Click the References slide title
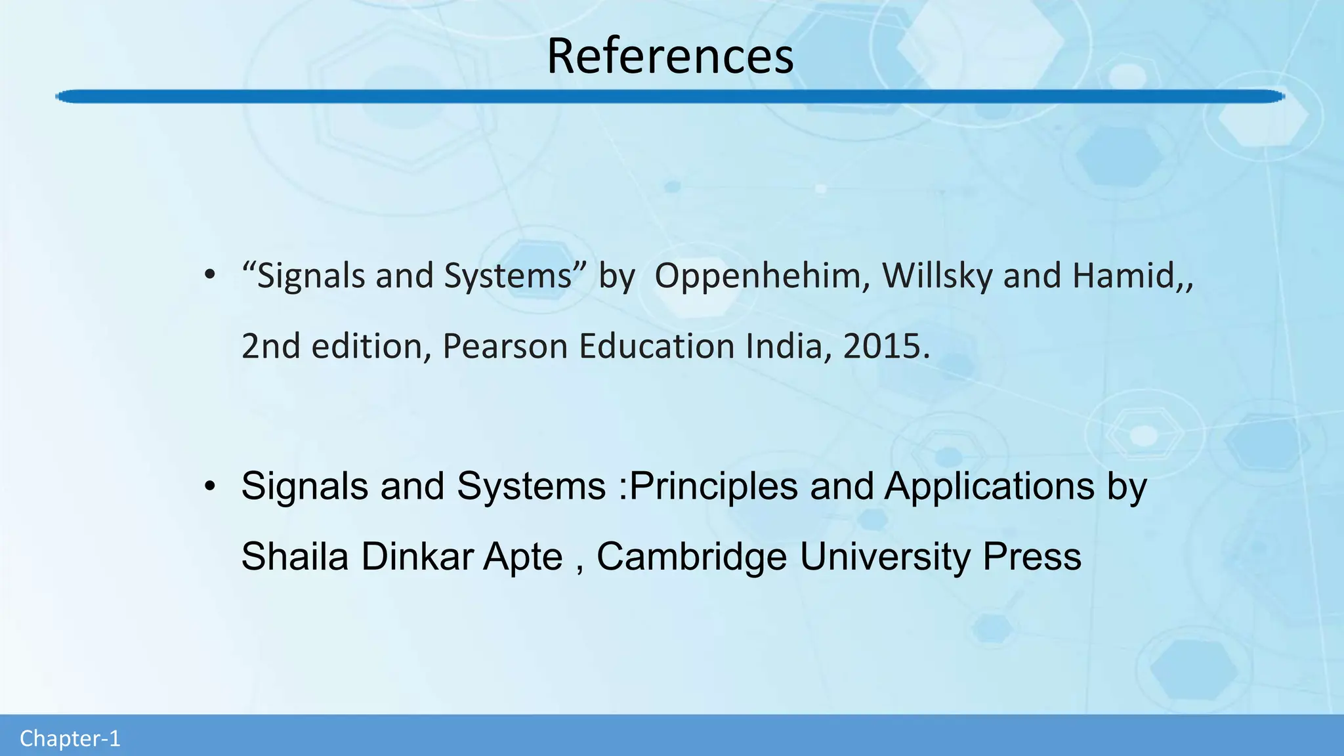tap(670, 56)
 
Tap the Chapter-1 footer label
tap(70, 739)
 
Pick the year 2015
tap(882, 346)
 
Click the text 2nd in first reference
tap(270, 346)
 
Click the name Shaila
tap(295, 557)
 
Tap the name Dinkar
tap(417, 557)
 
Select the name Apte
tap(523, 557)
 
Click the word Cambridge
tap(692, 557)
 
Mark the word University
tap(885, 557)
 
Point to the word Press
tap(1032, 557)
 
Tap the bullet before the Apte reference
tap(209, 486)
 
